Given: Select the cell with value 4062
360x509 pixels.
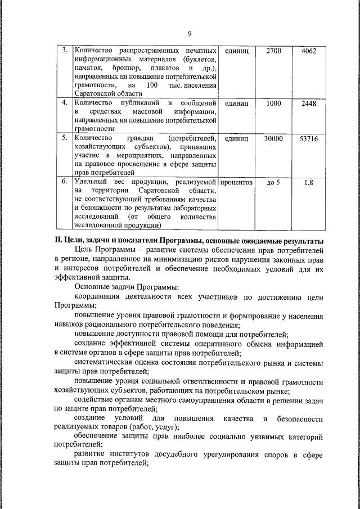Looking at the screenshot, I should [309, 51].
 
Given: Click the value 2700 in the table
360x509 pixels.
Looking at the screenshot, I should [273, 51].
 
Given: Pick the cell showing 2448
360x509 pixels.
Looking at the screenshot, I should [309, 103].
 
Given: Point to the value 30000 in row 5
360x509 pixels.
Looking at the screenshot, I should [273, 138].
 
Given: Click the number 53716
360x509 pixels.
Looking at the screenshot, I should [309, 138].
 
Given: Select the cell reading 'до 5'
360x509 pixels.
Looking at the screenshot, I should [273, 182].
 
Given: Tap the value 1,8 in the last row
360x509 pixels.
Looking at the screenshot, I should [309, 182].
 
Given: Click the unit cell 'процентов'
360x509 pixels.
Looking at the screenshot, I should [236, 182].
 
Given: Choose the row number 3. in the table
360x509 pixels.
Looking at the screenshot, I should [65, 51].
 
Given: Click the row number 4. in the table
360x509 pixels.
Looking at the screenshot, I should [65, 103].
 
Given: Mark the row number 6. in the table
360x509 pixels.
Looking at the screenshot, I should [65, 182].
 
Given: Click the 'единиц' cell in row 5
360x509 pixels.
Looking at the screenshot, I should [236, 138].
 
